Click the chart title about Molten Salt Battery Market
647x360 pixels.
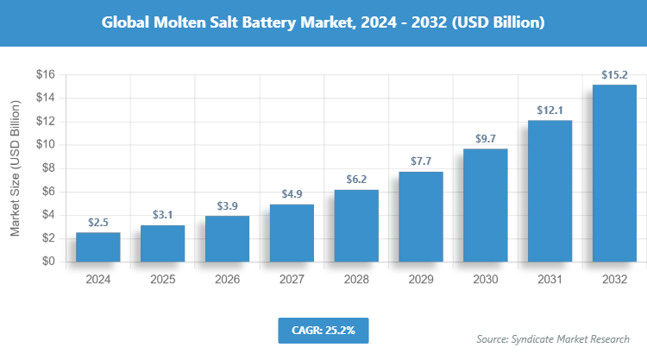323,22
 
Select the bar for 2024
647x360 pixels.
97,247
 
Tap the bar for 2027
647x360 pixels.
292,233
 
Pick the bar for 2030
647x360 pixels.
486,205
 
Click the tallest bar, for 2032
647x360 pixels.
614,173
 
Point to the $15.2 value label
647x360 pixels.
614,74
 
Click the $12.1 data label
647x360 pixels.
550,110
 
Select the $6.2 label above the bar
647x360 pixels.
356,179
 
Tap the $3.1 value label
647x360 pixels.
162,215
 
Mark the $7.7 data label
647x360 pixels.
421,161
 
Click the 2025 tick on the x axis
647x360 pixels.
162,280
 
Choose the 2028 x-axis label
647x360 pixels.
356,280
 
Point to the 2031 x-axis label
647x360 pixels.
550,280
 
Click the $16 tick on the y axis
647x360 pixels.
45,75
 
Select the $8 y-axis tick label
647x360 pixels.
48,168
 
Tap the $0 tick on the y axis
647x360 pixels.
48,262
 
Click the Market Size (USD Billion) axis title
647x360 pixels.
15,168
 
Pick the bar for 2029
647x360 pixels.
421,217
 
